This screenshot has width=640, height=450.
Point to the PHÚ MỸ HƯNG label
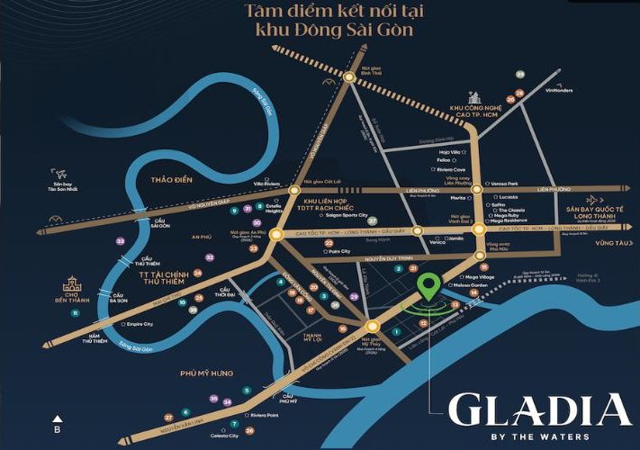click(206, 373)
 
